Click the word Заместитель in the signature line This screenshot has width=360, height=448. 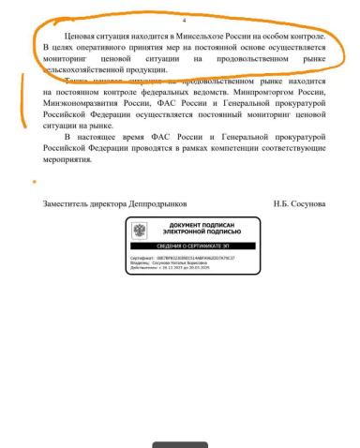pyautogui.click(x=71, y=203)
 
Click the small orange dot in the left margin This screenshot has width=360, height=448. pyautogui.click(x=35, y=181)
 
